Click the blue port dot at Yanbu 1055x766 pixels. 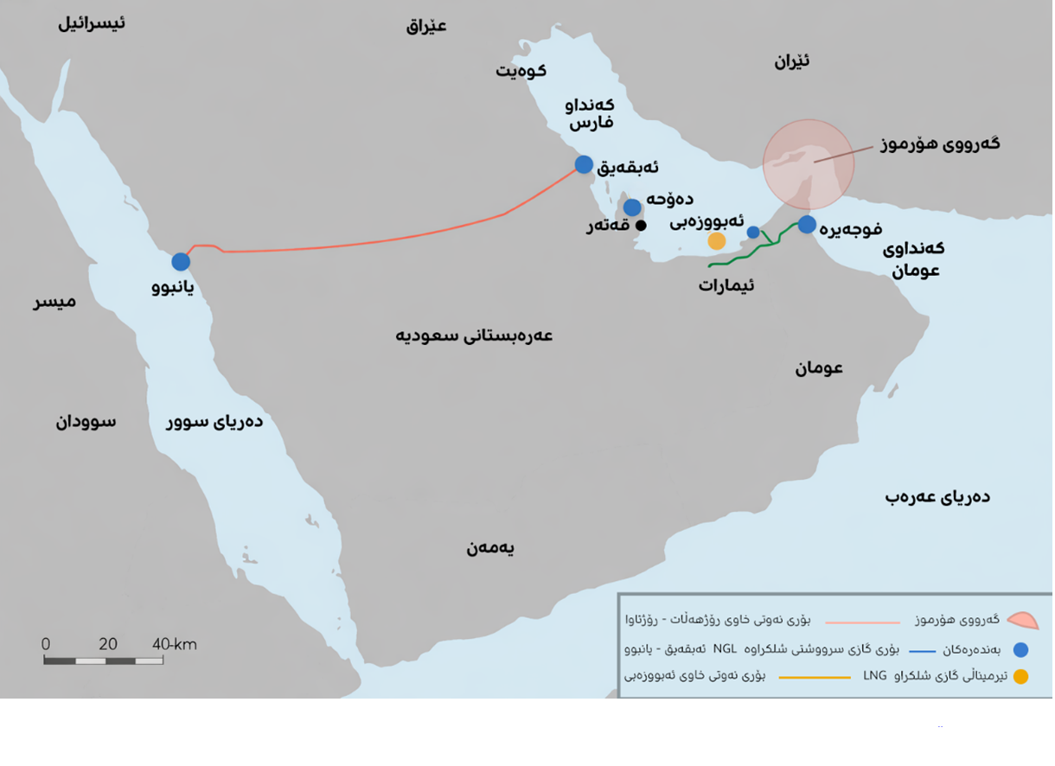(x=181, y=261)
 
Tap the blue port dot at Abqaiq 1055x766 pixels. (x=584, y=164)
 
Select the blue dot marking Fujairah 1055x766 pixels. (x=807, y=225)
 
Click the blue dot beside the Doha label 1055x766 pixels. (x=632, y=207)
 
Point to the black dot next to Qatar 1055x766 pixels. (x=641, y=226)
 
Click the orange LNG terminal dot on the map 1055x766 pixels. (x=717, y=241)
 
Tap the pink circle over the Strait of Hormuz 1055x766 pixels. (x=809, y=164)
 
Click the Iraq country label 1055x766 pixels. (x=426, y=25)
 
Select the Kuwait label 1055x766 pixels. (x=521, y=70)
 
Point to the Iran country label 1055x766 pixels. (x=791, y=61)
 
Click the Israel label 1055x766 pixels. (x=92, y=22)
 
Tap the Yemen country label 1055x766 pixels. (x=490, y=547)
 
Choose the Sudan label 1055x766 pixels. (x=86, y=422)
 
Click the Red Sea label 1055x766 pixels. (x=214, y=422)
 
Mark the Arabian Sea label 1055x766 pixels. (x=937, y=496)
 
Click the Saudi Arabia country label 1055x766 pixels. (x=474, y=335)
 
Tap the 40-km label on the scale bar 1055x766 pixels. (x=175, y=644)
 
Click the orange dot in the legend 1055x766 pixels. (x=1020, y=677)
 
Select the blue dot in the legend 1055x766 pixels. (x=1020, y=649)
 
